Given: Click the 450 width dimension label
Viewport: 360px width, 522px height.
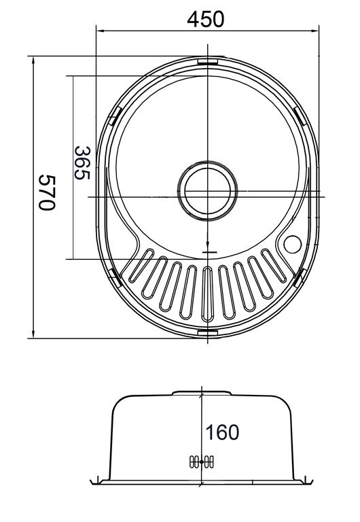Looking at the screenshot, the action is click(x=205, y=19).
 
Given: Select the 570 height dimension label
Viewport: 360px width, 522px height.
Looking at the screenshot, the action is click(x=46, y=192).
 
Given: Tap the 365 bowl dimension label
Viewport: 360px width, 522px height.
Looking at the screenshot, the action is click(x=82, y=163).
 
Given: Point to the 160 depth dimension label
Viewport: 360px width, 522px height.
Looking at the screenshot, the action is click(x=222, y=432).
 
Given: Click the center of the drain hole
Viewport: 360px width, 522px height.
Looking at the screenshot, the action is click(x=208, y=191).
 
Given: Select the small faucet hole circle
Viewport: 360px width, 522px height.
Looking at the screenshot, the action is click(x=293, y=245).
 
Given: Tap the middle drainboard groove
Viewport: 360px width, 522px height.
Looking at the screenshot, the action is click(x=208, y=294).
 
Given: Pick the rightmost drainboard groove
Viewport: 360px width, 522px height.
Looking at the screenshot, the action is click(x=274, y=266).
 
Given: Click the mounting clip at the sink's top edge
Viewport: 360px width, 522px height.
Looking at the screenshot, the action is click(x=207, y=61).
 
